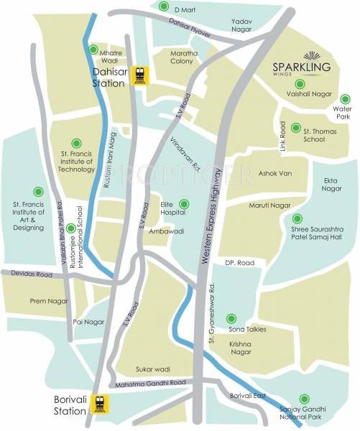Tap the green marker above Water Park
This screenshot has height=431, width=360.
coord(337,99)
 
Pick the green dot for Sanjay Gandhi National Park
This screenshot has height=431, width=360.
coord(304,398)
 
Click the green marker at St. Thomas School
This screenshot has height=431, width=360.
coord(296,131)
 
